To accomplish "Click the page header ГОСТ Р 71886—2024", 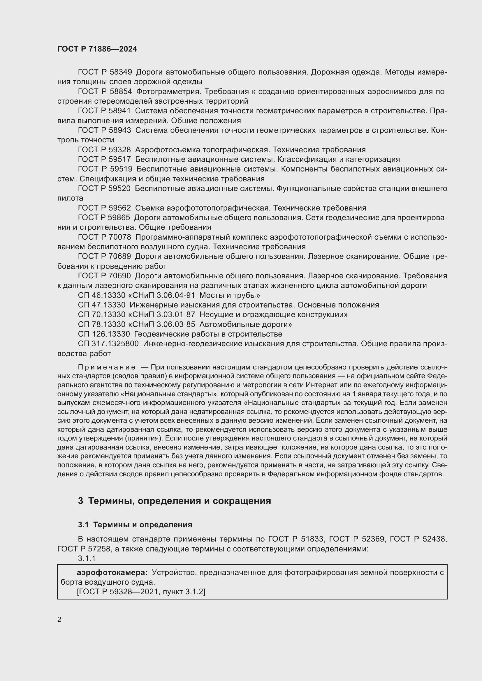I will click(x=97, y=49).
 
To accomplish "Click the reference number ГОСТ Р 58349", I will click(x=105, y=72).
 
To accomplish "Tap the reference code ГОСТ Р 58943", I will click(x=105, y=130).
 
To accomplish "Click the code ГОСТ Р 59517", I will click(x=105, y=160).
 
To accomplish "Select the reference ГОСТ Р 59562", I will click(x=105, y=208).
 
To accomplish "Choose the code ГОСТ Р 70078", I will click(x=105, y=237).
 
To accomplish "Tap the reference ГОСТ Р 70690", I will click(x=105, y=276).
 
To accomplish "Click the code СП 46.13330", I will click(x=102, y=296).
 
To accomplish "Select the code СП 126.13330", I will click(x=104, y=334).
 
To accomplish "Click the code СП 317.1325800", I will click(x=108, y=344).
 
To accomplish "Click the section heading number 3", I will click(x=80, y=501).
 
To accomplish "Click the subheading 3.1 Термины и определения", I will click(x=135, y=525).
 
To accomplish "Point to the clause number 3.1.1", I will click(x=86, y=558).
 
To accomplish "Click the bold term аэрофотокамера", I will click(x=112, y=572).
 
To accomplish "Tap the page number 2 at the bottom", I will click(x=59, y=620).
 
